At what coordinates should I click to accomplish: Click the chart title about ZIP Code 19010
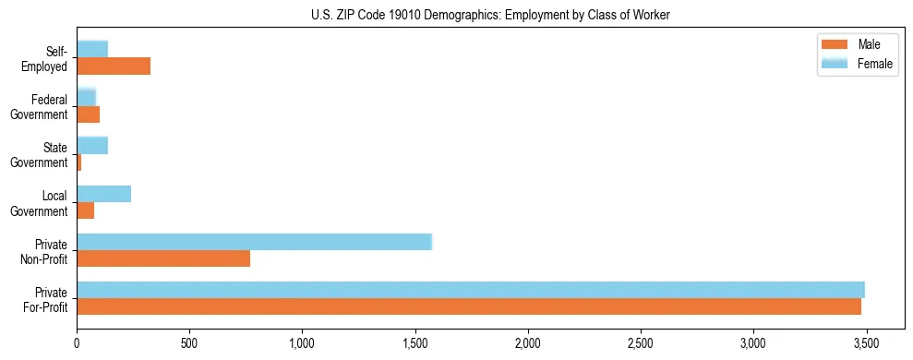click(456, 14)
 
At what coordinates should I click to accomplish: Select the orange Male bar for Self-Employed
click(114, 66)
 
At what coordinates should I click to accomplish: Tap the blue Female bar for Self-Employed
click(92, 49)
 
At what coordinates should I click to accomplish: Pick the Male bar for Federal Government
click(88, 114)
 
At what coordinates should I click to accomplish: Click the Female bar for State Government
click(92, 145)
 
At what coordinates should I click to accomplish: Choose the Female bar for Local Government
click(103, 193)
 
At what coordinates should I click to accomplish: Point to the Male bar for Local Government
click(85, 210)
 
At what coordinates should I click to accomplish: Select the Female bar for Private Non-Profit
click(254, 242)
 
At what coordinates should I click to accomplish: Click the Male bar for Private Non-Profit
click(163, 258)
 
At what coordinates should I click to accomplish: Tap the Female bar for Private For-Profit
click(471, 290)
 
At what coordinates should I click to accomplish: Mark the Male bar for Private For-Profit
click(469, 306)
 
